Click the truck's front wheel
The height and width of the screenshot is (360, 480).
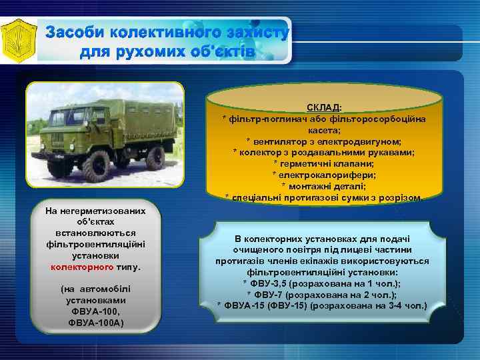click(97, 163)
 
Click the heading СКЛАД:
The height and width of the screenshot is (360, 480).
click(324, 107)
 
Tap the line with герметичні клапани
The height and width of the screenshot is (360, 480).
click(323, 163)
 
